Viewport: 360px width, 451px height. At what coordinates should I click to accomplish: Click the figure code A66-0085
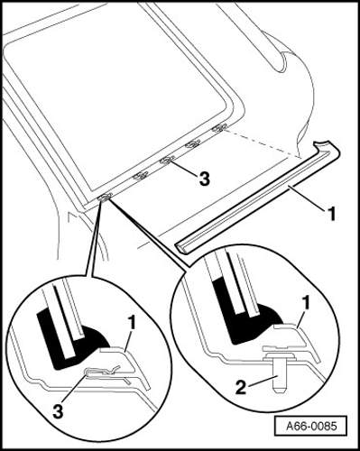311,426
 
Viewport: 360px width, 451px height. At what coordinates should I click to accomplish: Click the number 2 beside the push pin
242,387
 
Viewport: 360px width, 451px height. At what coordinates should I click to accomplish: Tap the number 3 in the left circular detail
58,411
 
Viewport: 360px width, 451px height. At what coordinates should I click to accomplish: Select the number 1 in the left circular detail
132,324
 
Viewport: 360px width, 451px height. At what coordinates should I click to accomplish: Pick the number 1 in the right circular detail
306,304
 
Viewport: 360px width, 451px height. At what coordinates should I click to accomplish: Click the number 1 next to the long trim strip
331,215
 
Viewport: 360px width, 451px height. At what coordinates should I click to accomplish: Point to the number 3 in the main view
204,179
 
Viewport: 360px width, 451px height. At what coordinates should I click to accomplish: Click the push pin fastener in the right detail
279,372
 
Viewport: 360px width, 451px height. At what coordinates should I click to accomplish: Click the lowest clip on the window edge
105,197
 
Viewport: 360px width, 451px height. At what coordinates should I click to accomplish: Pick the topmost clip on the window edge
219,128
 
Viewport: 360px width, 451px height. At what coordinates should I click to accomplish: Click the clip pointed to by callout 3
167,161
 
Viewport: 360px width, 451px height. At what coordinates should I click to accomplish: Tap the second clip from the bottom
141,175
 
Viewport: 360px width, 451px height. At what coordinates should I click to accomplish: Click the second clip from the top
193,144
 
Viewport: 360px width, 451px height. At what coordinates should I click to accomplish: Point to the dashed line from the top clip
263,143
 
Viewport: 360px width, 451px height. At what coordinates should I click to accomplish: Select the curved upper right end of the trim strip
327,146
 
